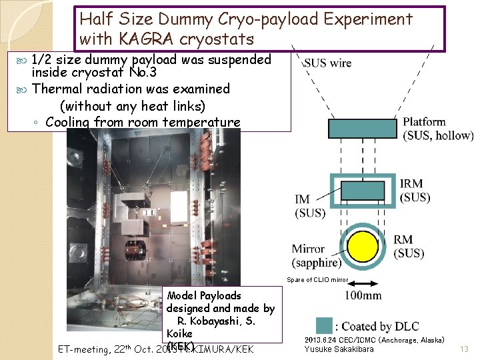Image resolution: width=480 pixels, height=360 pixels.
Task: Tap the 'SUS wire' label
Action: pyautogui.click(x=327, y=63)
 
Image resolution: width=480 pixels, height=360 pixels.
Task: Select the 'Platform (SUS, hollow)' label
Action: pyautogui.click(x=437, y=129)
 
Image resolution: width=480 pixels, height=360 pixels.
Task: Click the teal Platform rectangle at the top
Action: pyautogui.click(x=362, y=129)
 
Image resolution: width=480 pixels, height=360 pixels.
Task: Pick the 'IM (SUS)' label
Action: pyautogui.click(x=310, y=205)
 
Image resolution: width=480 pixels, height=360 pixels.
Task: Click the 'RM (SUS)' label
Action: pyautogui.click(x=408, y=246)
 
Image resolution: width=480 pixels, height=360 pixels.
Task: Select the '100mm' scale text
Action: pyautogui.click(x=363, y=295)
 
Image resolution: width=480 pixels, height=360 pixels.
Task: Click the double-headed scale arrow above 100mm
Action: pyautogui.click(x=363, y=281)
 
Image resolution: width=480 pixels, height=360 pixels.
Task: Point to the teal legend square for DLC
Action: pyautogui.click(x=323, y=325)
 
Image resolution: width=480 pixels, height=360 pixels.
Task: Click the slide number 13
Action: pyautogui.click(x=465, y=349)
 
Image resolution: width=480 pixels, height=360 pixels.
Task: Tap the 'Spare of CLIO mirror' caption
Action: pyautogui.click(x=317, y=279)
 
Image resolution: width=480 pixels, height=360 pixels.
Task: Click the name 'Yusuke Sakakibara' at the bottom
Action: pyautogui.click(x=339, y=349)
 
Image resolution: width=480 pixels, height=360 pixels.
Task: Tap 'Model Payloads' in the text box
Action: pyautogui.click(x=204, y=295)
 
